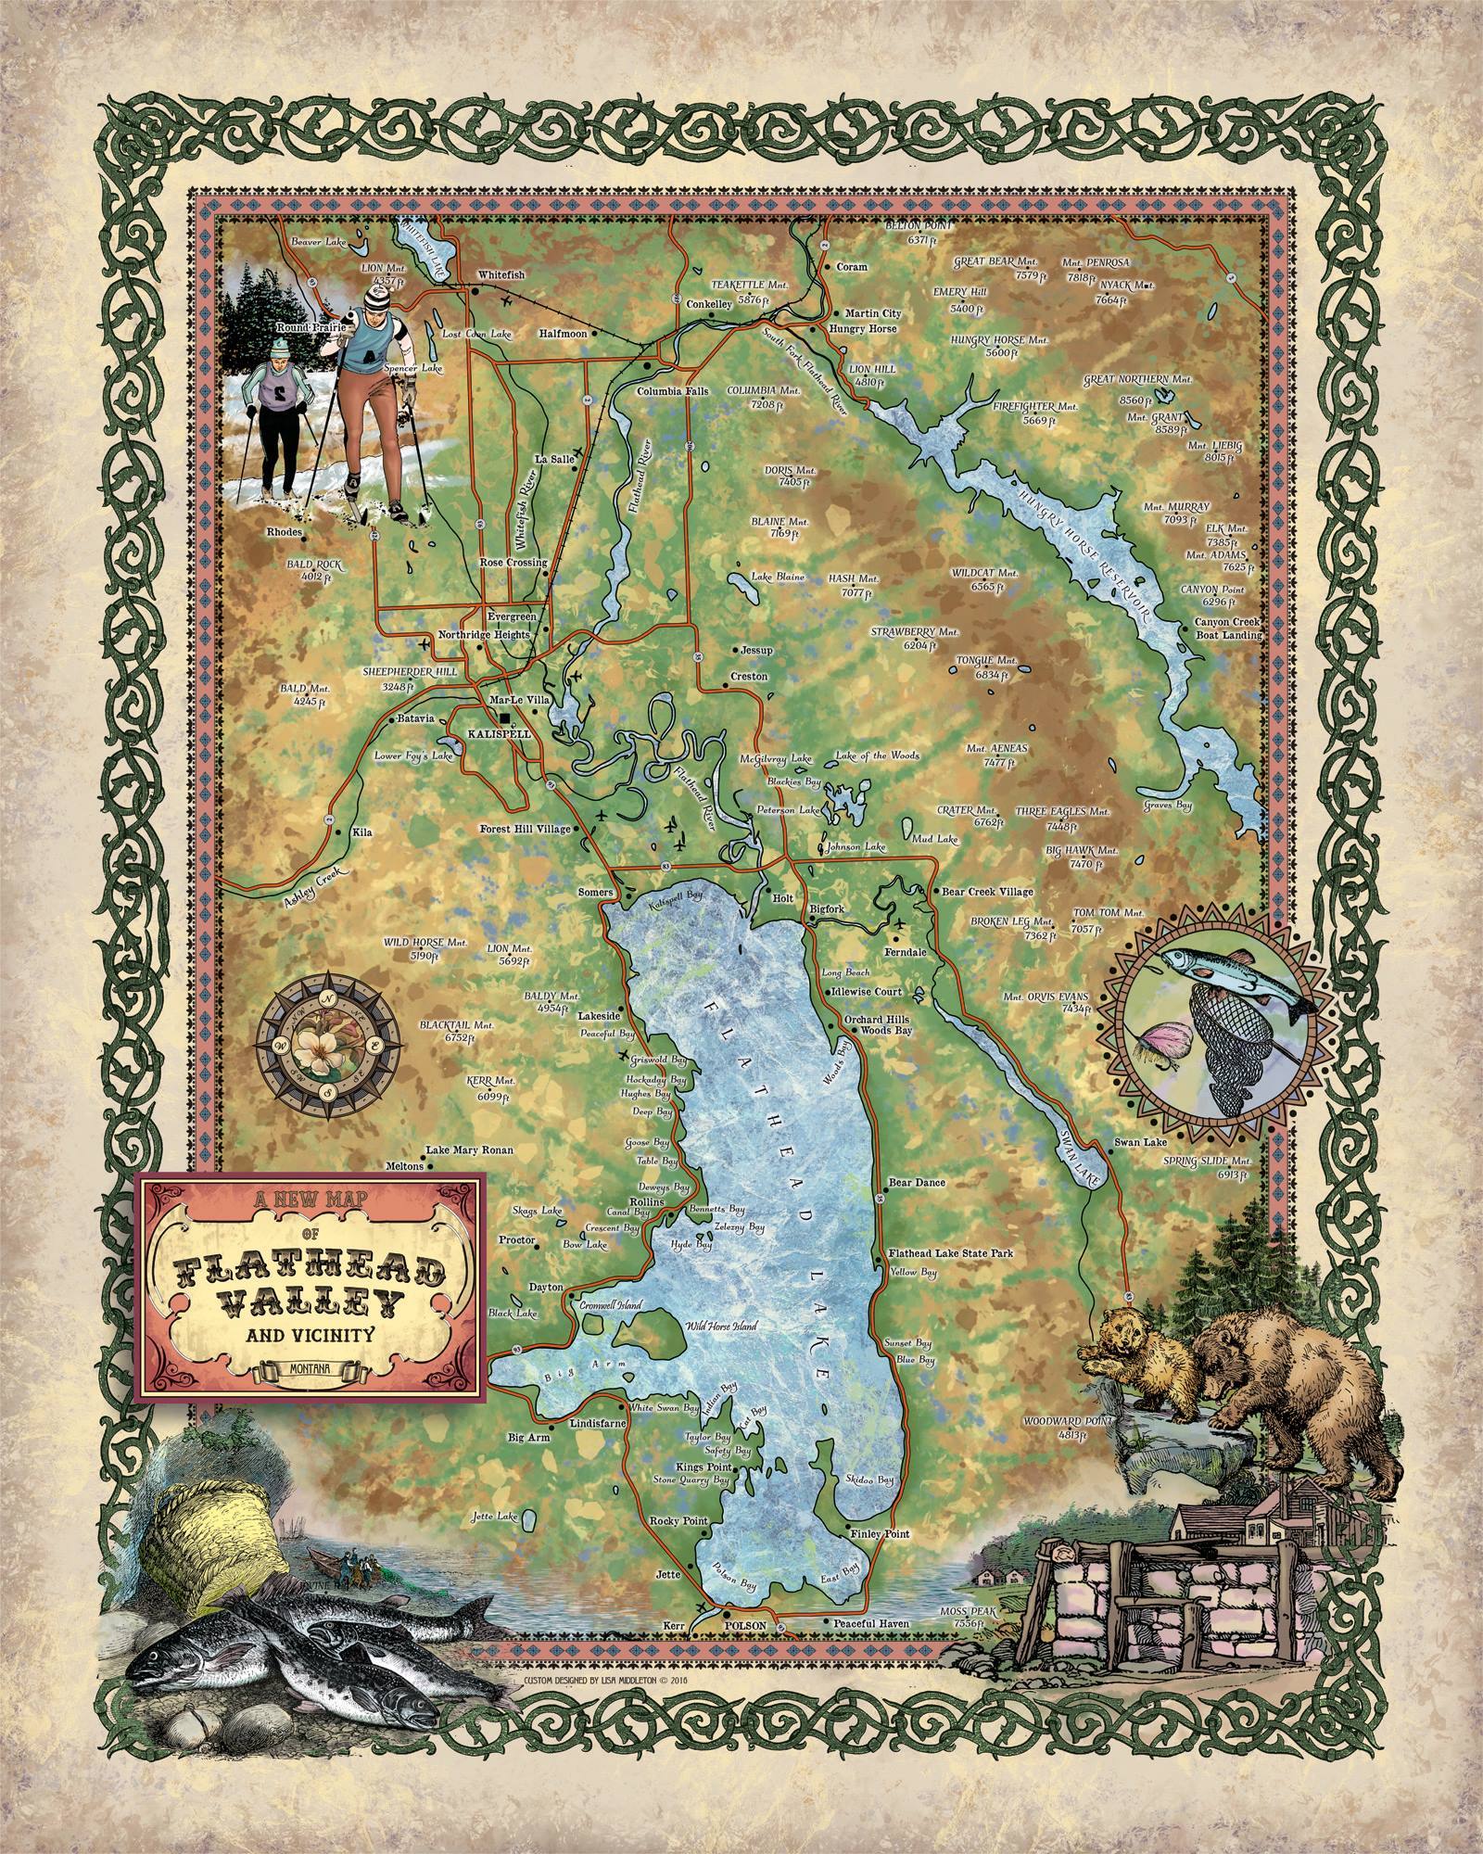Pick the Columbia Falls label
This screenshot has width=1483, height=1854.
[x=672, y=391]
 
